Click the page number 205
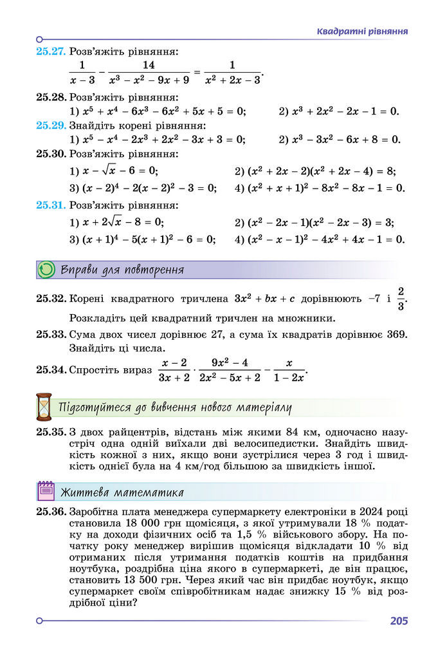click(398, 621)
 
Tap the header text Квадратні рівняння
click(363, 32)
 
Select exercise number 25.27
click(51, 51)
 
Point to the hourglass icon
click(44, 407)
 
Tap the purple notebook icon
click(46, 492)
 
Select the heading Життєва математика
click(122, 493)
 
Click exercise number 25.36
click(51, 512)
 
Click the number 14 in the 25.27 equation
click(149, 65)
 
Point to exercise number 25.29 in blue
click(51, 125)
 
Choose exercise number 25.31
click(51, 206)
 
